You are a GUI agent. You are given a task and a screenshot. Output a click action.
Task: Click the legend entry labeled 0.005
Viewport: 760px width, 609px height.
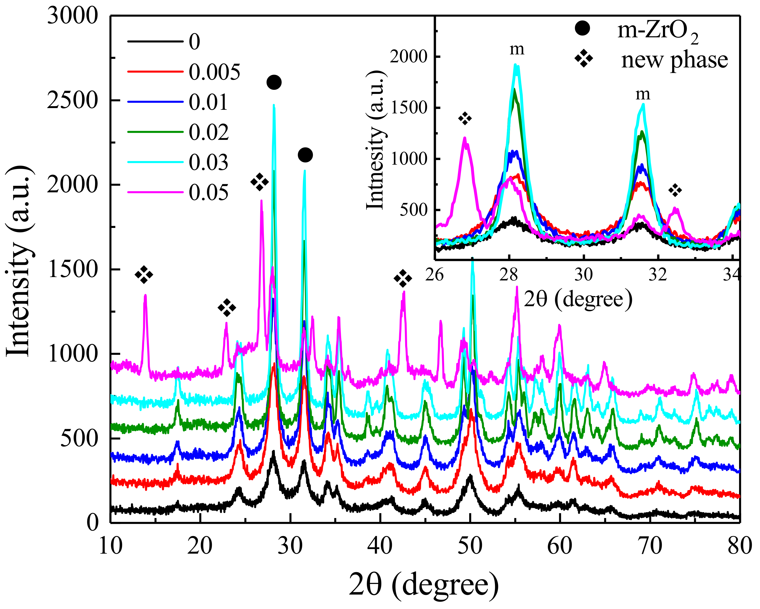[214, 72]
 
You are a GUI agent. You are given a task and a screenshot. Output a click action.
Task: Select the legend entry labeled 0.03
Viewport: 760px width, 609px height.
[208, 162]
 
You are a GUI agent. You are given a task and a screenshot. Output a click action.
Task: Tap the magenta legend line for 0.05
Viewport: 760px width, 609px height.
[155, 192]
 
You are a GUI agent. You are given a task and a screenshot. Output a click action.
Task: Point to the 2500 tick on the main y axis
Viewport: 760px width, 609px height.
[72, 100]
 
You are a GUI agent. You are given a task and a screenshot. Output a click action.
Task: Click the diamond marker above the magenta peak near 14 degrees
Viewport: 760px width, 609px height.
[144, 275]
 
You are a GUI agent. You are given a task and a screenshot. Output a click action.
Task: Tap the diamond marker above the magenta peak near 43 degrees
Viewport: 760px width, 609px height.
[403, 279]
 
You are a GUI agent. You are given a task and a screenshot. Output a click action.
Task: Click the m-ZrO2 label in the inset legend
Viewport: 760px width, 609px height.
[657, 31]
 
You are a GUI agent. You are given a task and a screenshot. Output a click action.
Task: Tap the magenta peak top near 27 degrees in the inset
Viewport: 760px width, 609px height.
[465, 138]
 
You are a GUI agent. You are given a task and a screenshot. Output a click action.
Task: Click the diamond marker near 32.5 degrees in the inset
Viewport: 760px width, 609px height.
[675, 191]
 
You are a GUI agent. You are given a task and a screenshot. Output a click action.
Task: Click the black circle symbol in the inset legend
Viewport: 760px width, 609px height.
[582, 28]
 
